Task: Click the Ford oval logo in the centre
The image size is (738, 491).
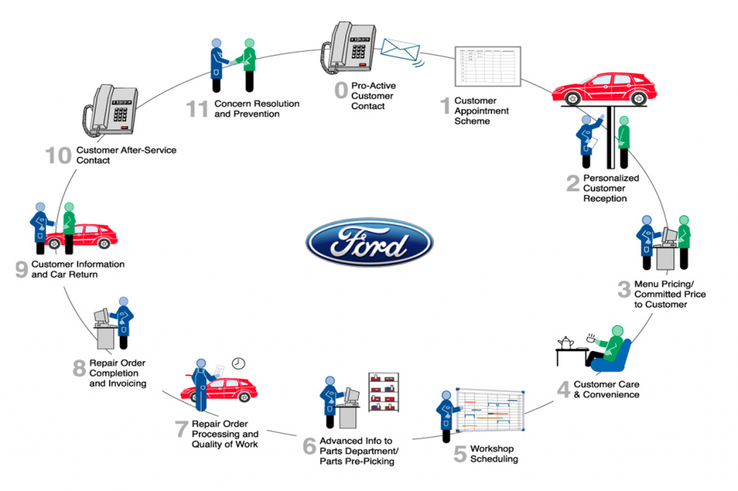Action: coord(369,242)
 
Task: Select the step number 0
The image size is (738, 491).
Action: coord(340,92)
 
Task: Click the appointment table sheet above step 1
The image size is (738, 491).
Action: coord(488,68)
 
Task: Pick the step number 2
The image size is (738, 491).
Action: coord(573,184)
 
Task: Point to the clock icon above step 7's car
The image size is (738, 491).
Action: coord(238,363)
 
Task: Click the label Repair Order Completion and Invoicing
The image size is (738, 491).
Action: coord(117,373)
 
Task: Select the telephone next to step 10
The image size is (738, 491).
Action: coord(111,111)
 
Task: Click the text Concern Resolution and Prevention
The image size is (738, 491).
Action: coord(256,109)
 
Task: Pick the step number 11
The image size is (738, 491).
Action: coord(197,110)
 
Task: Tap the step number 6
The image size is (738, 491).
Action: coord(309,448)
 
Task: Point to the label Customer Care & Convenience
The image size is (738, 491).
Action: coord(605,389)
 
